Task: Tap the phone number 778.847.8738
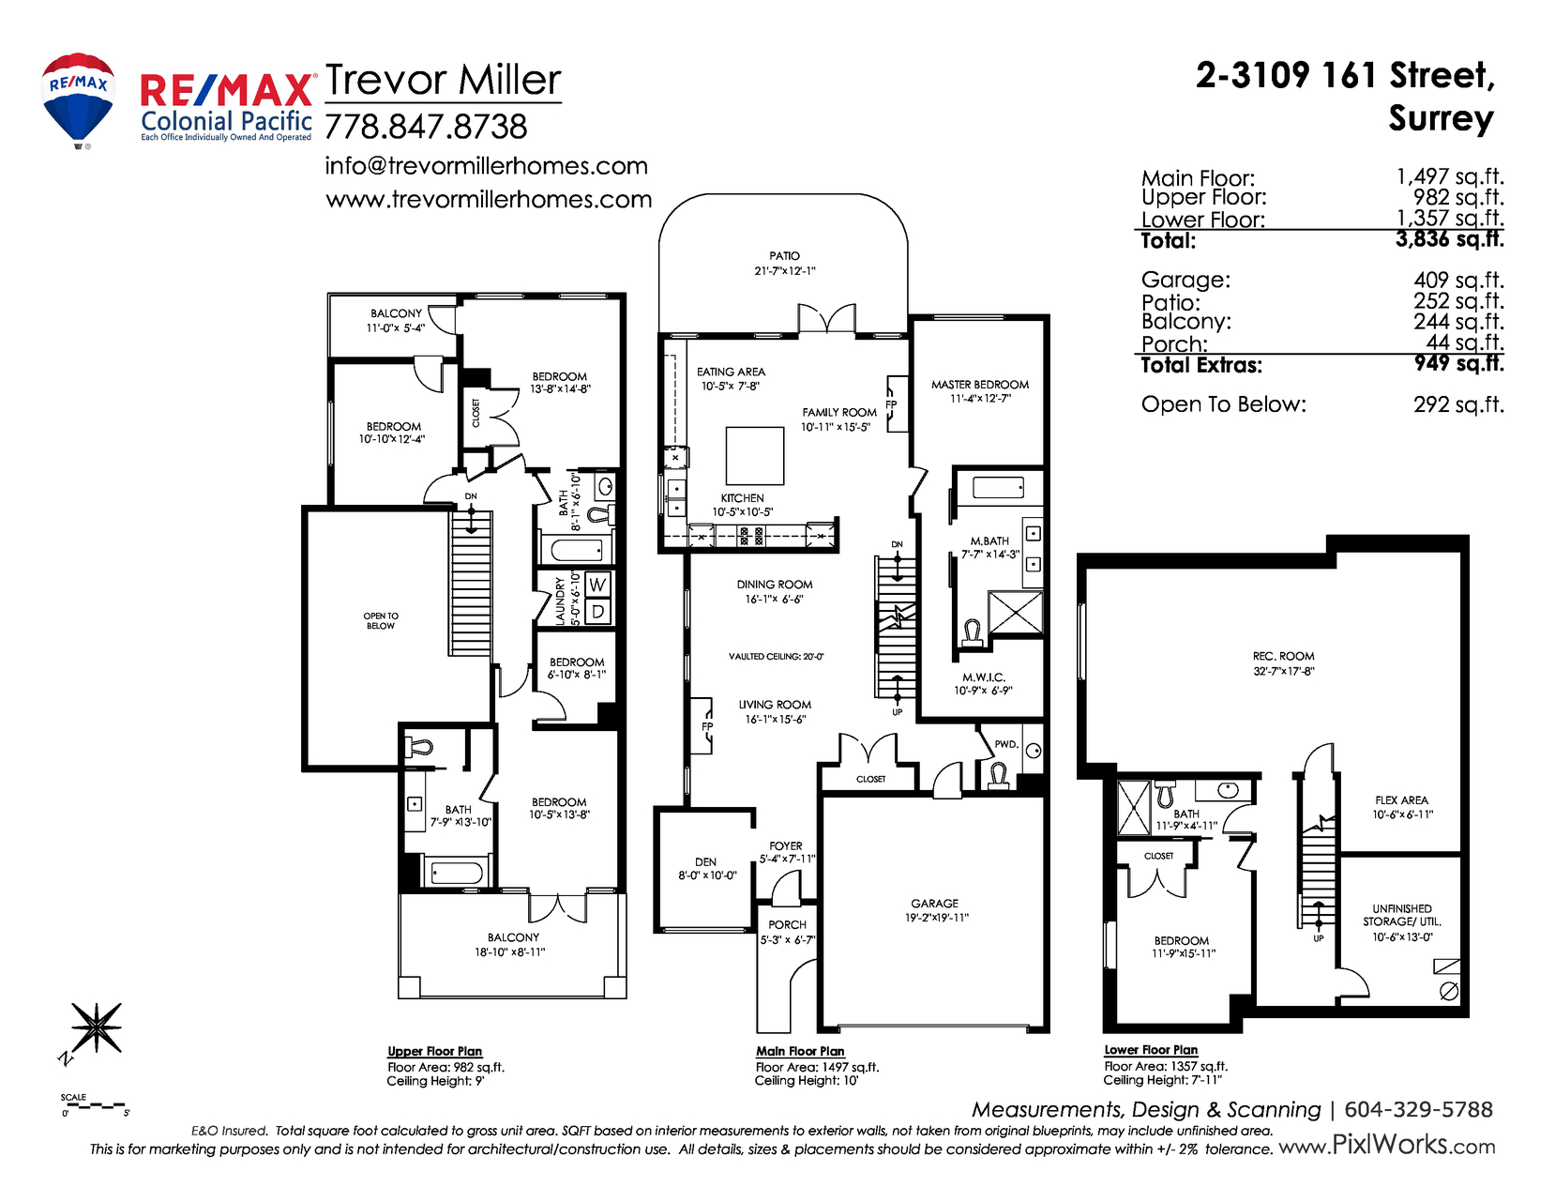click(426, 127)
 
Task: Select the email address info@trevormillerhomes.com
click(486, 165)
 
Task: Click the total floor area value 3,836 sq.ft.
click(1449, 238)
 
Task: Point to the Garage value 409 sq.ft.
click(1458, 280)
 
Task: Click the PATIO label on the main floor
click(784, 255)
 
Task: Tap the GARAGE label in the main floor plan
click(934, 904)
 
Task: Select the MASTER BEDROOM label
click(980, 385)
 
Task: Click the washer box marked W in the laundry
click(597, 585)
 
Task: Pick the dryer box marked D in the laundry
click(597, 611)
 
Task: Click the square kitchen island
click(754, 456)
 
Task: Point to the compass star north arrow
click(95, 1028)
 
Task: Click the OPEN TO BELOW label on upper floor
click(380, 620)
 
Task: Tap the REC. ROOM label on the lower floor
click(1283, 656)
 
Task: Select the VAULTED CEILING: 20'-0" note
click(776, 657)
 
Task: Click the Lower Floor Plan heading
click(1151, 1049)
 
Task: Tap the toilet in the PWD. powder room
click(998, 775)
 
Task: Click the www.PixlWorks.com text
click(1387, 1146)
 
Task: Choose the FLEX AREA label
click(1401, 800)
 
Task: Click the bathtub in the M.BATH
click(998, 488)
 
